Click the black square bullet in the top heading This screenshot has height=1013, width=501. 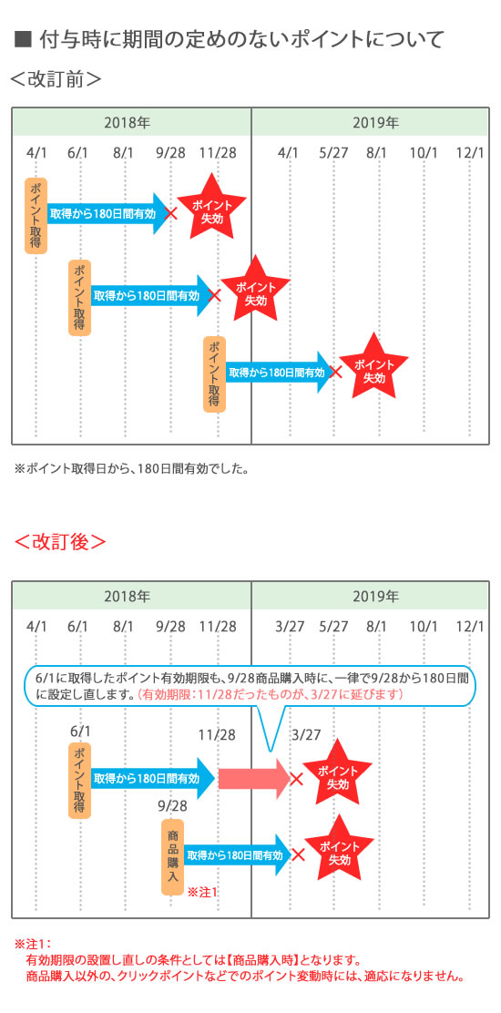click(23, 40)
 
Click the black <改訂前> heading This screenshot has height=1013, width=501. click(56, 79)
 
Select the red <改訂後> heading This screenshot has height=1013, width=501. click(60, 541)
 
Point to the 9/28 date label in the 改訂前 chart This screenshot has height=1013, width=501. click(170, 153)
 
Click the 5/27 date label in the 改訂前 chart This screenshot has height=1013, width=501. click(333, 153)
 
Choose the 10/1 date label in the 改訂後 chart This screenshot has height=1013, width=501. click(424, 626)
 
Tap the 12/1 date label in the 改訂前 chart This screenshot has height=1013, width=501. click(469, 153)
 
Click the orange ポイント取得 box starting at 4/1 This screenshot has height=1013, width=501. click(36, 214)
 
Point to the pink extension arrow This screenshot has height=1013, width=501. click(255, 779)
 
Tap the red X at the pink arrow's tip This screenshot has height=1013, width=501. click(296, 779)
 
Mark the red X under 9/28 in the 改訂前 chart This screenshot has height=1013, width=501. click(171, 212)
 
